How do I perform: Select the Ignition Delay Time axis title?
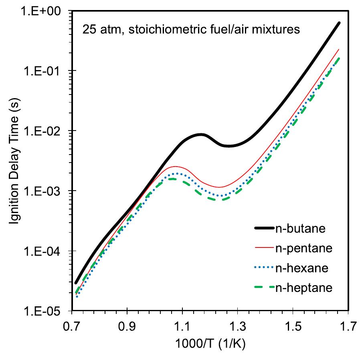coord(14,160)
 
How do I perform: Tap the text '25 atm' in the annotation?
coord(98,30)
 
